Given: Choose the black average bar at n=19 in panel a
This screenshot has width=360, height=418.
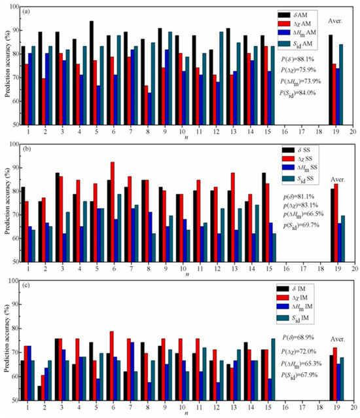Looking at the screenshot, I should pos(331,79).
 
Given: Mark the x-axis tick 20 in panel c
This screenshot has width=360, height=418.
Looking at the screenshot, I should pos(353,406).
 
